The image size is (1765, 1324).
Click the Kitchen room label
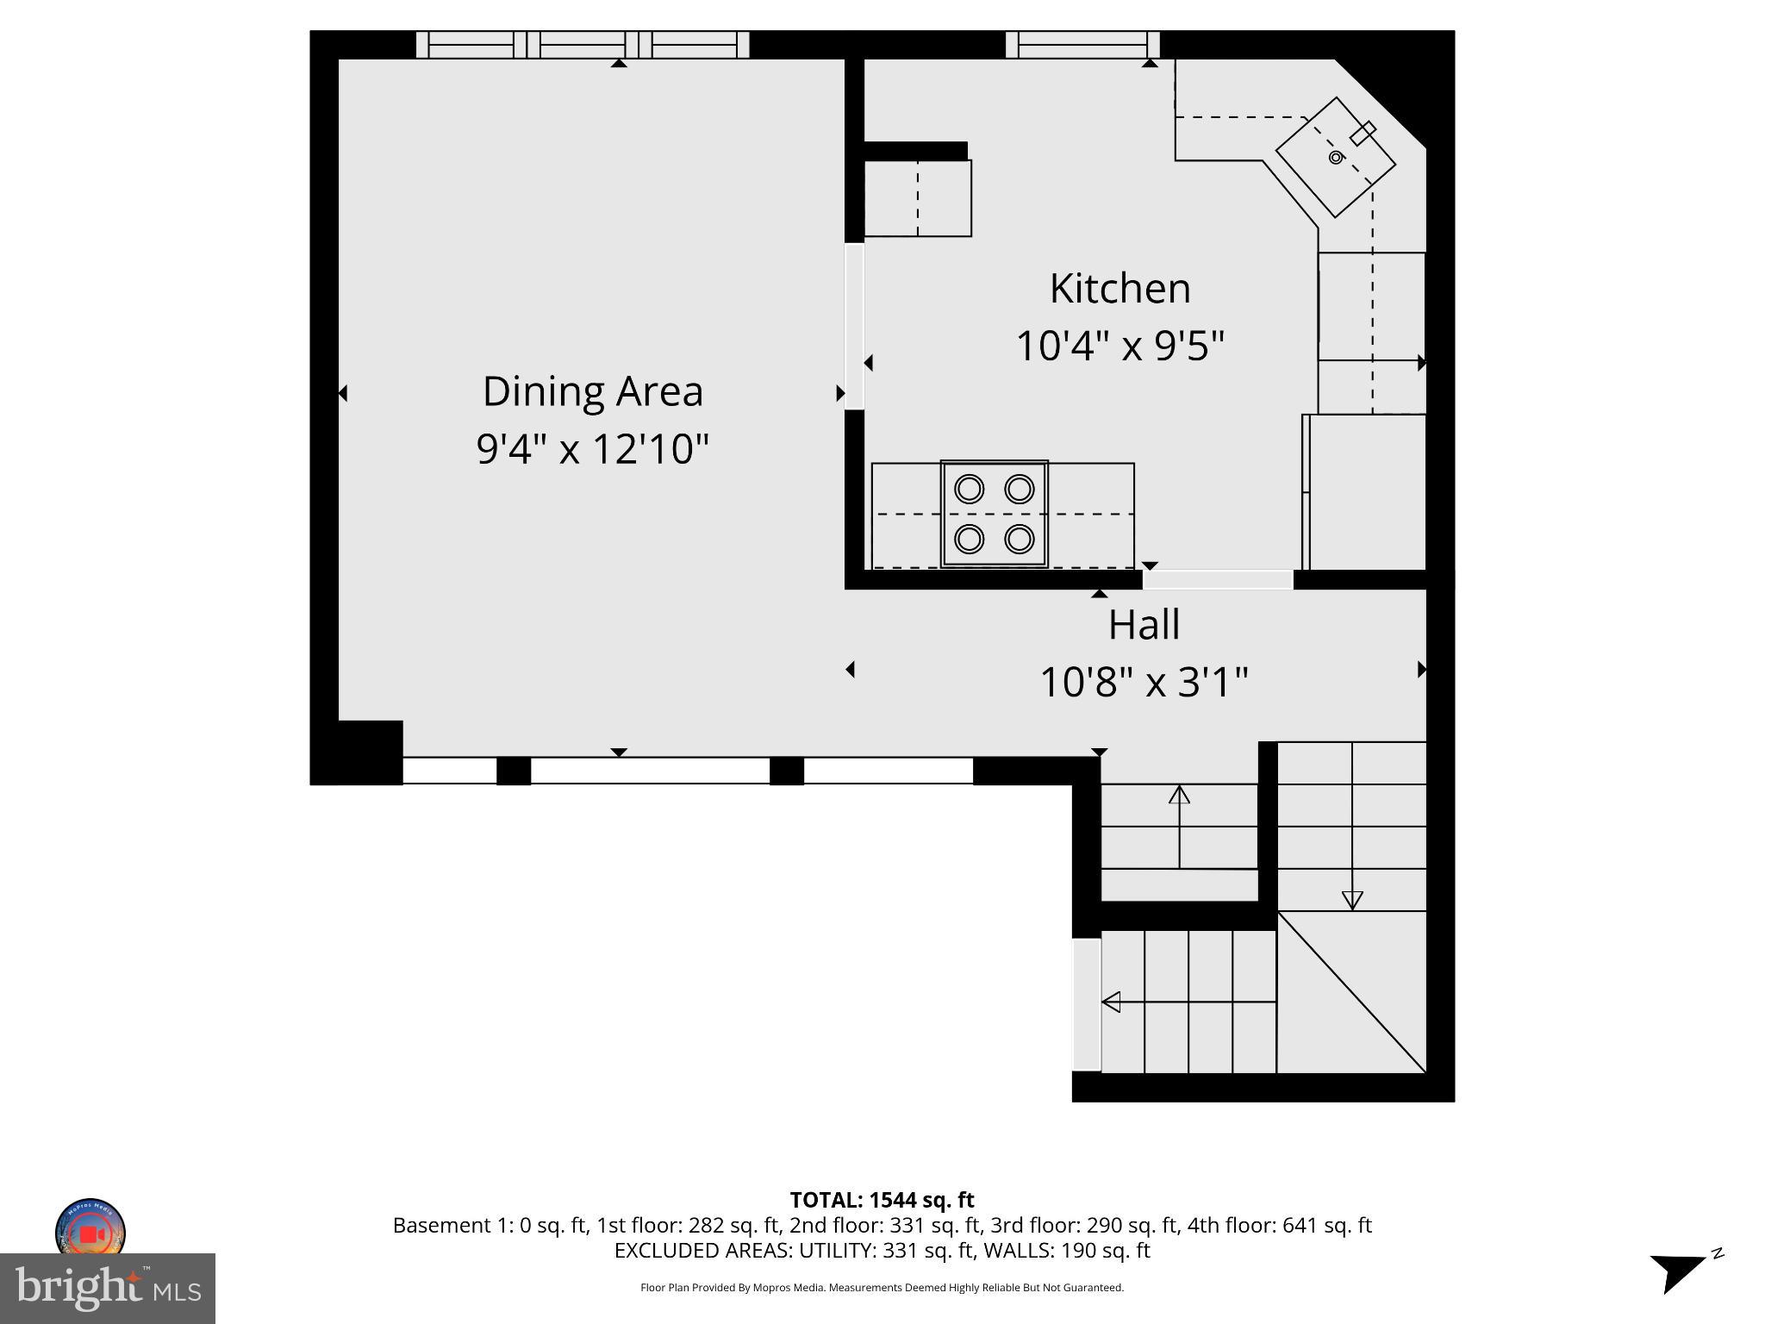tap(1119, 289)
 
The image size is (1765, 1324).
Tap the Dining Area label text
tap(593, 391)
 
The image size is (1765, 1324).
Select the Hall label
tap(1144, 625)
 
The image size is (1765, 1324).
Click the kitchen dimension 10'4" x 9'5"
tap(1119, 347)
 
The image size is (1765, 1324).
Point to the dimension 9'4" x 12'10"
tap(593, 449)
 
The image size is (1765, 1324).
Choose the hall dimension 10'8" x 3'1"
tap(1144, 683)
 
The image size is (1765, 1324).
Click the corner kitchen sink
tap(1335, 158)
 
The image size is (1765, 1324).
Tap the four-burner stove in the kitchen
tap(995, 514)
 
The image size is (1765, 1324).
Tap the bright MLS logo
tap(108, 1289)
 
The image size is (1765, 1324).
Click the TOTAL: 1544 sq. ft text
tap(882, 1200)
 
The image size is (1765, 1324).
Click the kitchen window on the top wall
tap(1082, 45)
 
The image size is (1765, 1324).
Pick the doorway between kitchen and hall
tap(1217, 579)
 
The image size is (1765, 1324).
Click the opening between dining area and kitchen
tap(854, 326)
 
